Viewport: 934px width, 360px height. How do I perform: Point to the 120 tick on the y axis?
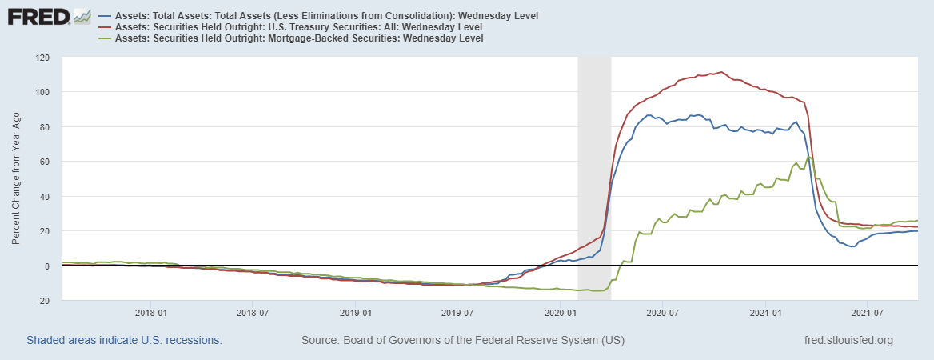[42, 58]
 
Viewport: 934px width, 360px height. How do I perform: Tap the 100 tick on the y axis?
[42, 92]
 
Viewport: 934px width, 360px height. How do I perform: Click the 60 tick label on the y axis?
[44, 162]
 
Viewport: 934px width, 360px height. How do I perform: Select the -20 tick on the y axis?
[42, 301]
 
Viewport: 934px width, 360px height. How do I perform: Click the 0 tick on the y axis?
[47, 266]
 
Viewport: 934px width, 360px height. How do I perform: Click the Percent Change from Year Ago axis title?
[17, 179]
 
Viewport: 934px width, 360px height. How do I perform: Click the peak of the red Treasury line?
[721, 72]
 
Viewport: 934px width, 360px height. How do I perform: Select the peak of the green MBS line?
[809, 158]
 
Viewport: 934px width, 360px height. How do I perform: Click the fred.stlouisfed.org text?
[848, 341]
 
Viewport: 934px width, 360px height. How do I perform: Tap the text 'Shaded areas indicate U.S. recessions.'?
[124, 341]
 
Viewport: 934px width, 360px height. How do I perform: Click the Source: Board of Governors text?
[462, 341]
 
